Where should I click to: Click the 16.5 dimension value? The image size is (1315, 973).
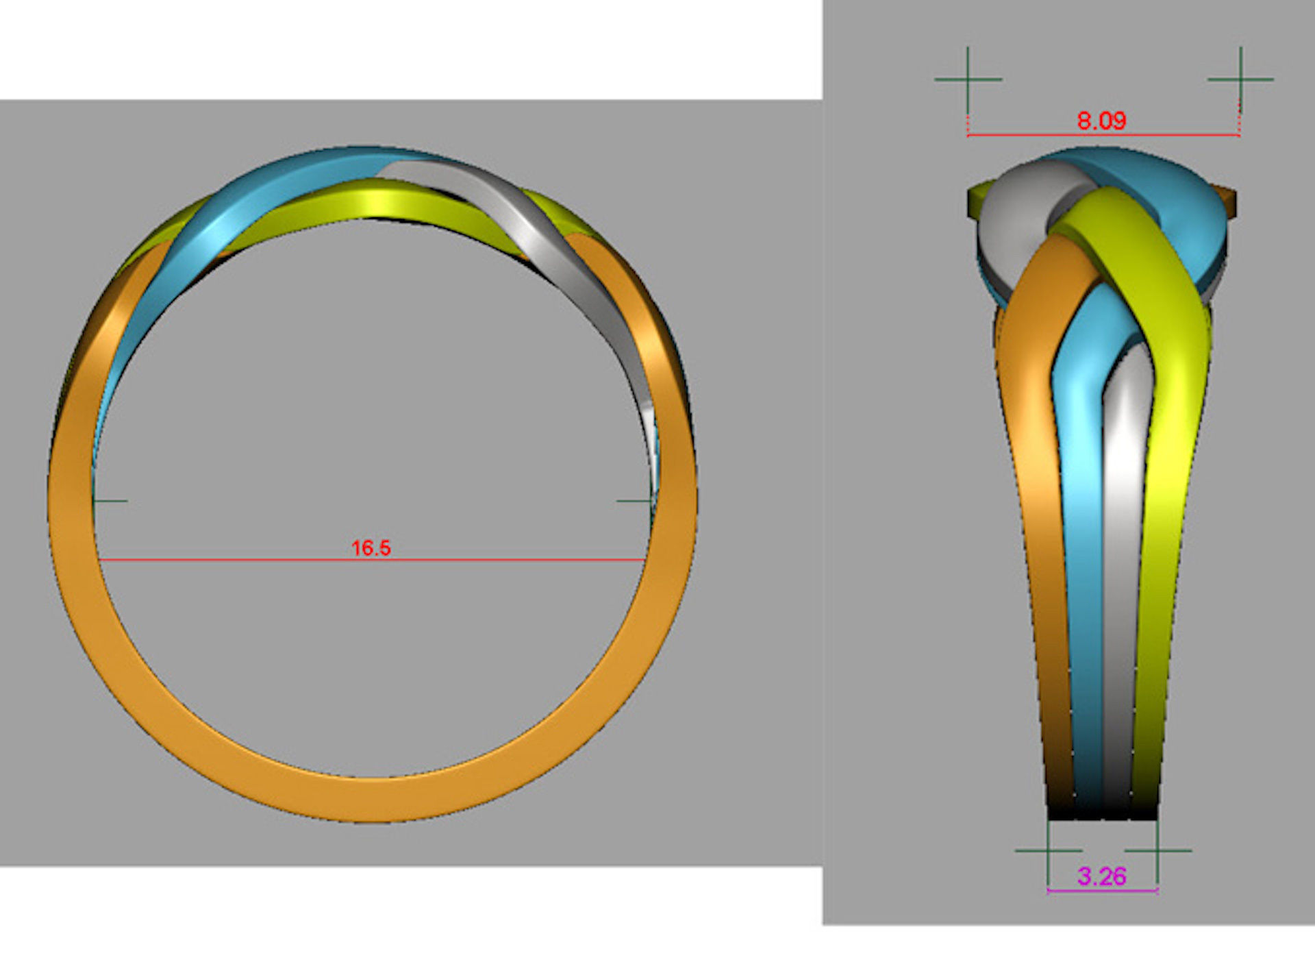(371, 548)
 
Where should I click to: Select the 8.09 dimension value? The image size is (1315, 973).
(1101, 121)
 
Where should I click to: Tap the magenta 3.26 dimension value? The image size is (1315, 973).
(1101, 876)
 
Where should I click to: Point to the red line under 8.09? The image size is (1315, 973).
(1027, 135)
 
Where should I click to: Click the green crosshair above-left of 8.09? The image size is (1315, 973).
(968, 79)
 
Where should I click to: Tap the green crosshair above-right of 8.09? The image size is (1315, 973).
(1240, 79)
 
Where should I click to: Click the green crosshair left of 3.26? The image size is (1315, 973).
(1048, 851)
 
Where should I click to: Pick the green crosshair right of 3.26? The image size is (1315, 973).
(1157, 851)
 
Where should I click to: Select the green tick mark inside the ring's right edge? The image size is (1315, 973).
(634, 501)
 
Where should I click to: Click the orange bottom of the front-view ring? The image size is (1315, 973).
(370, 798)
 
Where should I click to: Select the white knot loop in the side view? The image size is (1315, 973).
(1010, 206)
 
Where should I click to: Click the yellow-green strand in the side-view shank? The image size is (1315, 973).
(1171, 480)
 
